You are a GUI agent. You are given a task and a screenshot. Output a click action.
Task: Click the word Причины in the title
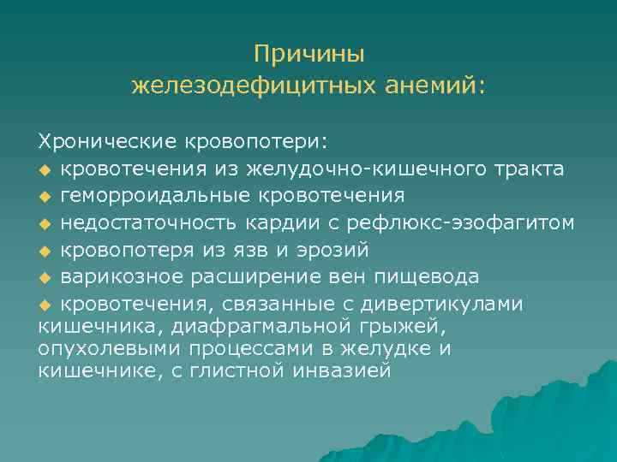tap(309, 54)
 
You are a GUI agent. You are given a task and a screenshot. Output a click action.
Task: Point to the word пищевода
tap(430, 278)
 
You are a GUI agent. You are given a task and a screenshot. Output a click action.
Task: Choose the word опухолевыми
tap(102, 349)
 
